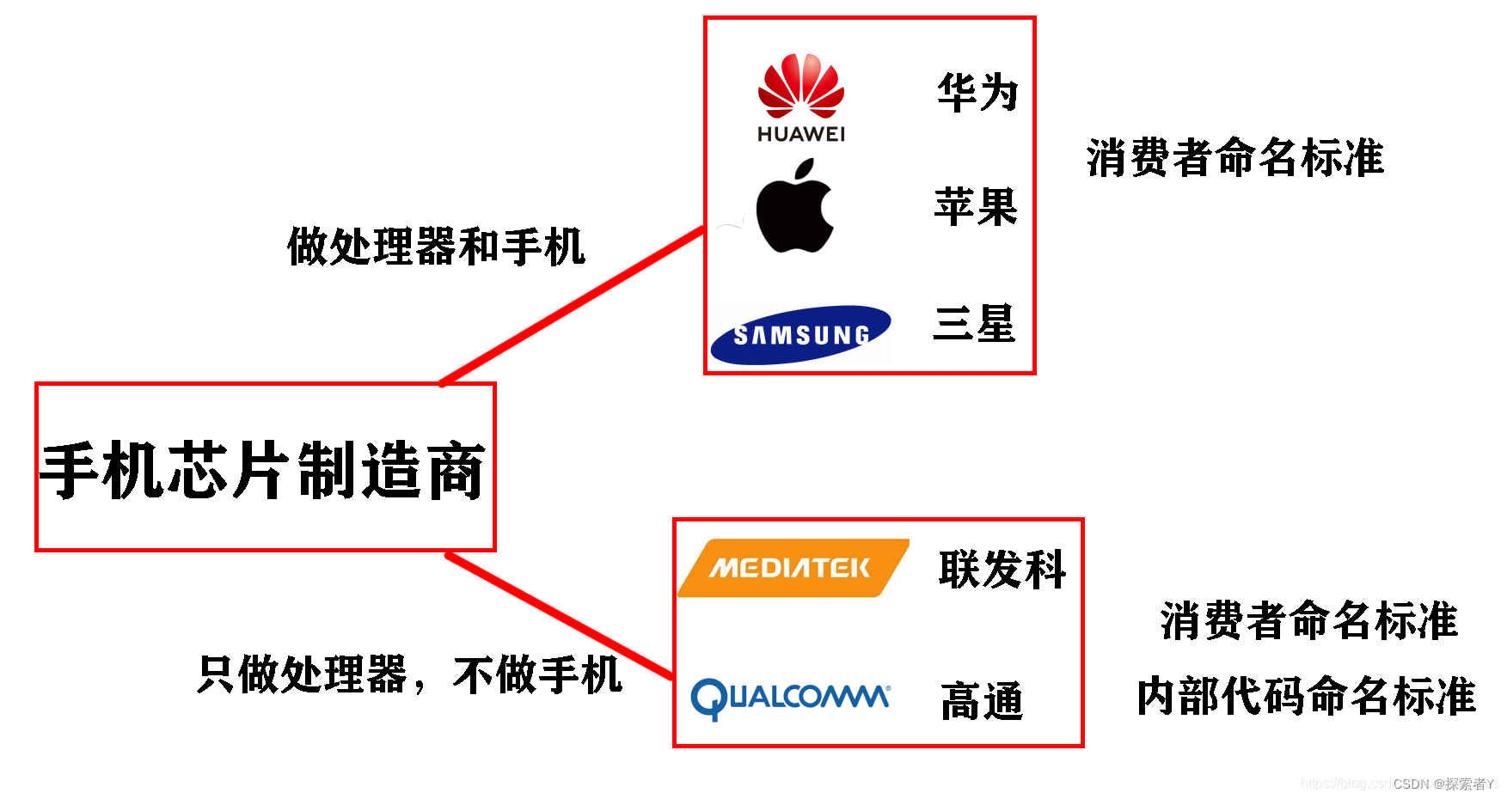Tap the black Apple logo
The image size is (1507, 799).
[x=795, y=207]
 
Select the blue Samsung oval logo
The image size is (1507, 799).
[x=800, y=334]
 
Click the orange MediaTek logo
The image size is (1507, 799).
[x=792, y=568]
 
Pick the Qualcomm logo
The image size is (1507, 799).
[x=790, y=697]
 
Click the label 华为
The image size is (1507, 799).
[x=977, y=92]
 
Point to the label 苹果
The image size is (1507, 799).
[x=976, y=207]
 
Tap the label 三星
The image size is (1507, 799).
[x=975, y=324]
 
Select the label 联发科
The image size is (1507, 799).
[x=1002, y=569]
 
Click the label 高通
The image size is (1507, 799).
[x=982, y=701]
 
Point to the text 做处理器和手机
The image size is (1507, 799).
[x=436, y=247]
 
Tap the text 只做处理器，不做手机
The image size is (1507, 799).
[x=409, y=674]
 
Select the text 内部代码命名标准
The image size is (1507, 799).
[x=1306, y=695]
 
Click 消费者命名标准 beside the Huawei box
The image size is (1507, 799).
[x=1234, y=158]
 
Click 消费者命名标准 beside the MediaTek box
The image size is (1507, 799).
[x=1308, y=620]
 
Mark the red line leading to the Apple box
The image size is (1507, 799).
[x=572, y=306]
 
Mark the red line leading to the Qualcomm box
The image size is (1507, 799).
[x=559, y=616]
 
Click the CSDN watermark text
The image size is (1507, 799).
[x=1443, y=784]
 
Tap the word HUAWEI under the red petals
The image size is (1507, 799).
[x=800, y=134]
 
